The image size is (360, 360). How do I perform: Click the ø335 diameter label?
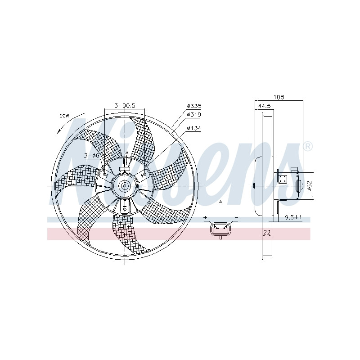194,106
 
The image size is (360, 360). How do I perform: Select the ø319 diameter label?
194,114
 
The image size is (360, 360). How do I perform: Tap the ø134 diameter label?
194,128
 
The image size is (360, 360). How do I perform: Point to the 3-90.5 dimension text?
125,105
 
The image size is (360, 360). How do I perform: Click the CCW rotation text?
64,116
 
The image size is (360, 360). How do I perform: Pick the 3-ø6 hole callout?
92,156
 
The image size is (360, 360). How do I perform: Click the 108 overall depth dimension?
279,97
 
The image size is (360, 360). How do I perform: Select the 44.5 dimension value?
265,106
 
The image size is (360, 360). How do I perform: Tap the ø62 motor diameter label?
309,185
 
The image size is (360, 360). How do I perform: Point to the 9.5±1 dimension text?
293,217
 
